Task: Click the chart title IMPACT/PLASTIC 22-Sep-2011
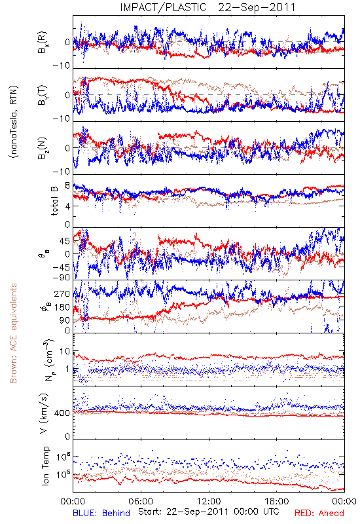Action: [207, 7]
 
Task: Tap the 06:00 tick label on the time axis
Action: [141, 501]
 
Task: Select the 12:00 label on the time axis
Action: [209, 501]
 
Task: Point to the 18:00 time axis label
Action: [277, 501]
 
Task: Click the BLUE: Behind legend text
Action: [101, 513]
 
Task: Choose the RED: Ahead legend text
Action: [319, 513]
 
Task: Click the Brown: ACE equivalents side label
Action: [13, 333]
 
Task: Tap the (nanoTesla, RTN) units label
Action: [14, 121]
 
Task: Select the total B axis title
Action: [54, 200]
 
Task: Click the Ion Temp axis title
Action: [45, 466]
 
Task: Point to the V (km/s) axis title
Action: [44, 413]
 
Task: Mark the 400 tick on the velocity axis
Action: [62, 413]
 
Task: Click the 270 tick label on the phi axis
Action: [62, 293]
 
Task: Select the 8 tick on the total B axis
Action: [67, 186]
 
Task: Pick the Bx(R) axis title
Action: [43, 43]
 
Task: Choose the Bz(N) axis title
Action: [43, 148]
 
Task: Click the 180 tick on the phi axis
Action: [62, 307]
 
